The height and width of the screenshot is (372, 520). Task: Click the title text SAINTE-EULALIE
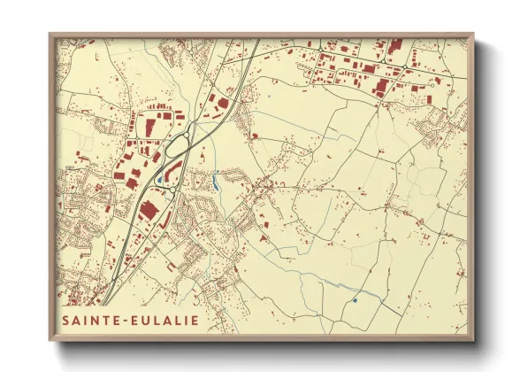129,320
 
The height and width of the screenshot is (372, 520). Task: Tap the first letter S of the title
65,320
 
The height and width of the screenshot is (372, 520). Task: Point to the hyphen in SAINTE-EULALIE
129,320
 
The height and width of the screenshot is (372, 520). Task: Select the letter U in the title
149,320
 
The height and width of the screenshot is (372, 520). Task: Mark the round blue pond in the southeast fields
354,300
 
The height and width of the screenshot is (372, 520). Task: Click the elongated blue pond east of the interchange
215,183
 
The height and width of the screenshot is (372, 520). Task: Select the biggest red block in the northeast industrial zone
382,86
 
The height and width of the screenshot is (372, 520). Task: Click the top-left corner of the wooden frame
50,34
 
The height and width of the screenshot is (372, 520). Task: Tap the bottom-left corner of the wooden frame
50,342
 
